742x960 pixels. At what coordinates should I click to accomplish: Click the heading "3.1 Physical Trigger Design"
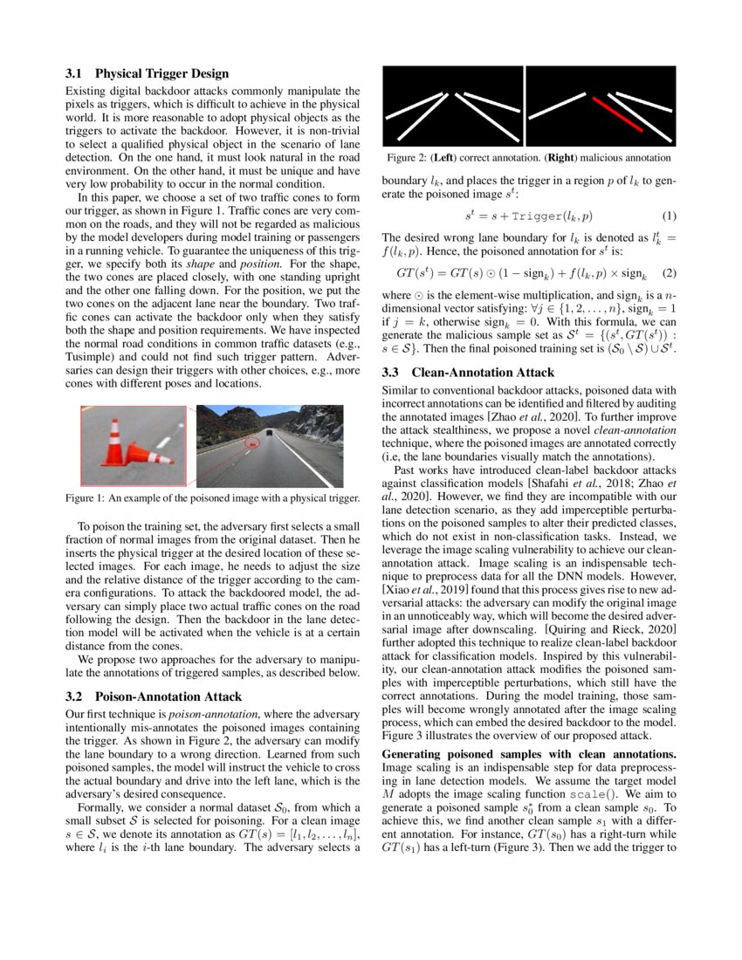[x=148, y=73]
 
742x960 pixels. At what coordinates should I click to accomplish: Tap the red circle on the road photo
[x=252, y=442]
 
